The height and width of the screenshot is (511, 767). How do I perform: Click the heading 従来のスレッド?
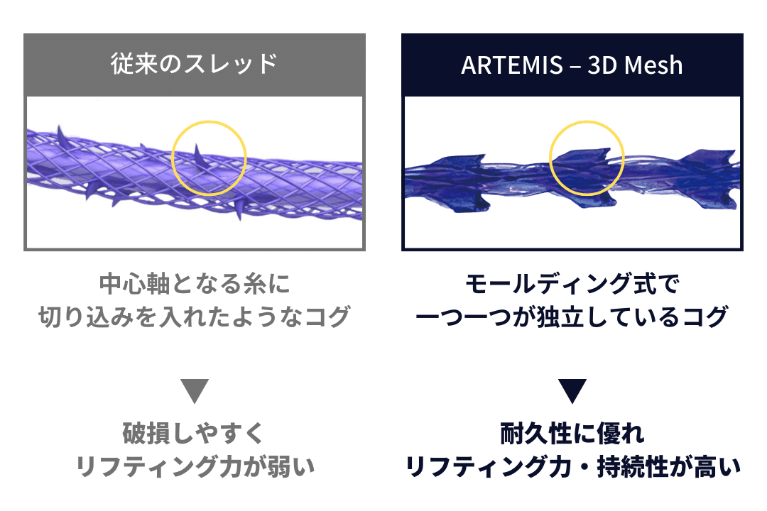194,65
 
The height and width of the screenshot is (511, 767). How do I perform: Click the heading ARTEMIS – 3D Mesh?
572,65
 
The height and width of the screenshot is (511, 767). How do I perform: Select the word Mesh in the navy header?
656,65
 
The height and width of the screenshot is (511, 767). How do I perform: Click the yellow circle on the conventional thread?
210,158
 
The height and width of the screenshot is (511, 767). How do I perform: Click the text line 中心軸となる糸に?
195,285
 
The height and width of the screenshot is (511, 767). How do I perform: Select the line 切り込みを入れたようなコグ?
195,317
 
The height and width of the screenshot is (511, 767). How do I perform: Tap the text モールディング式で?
572,285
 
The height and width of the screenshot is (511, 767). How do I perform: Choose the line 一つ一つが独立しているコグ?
572,317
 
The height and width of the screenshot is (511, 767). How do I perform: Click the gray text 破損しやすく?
195,433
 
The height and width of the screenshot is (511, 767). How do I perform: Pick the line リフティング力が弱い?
195,466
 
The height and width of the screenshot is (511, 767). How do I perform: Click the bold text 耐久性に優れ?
572,433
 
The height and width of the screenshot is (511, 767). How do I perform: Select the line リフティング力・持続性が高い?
572,466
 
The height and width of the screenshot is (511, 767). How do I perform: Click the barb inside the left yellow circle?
200,155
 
